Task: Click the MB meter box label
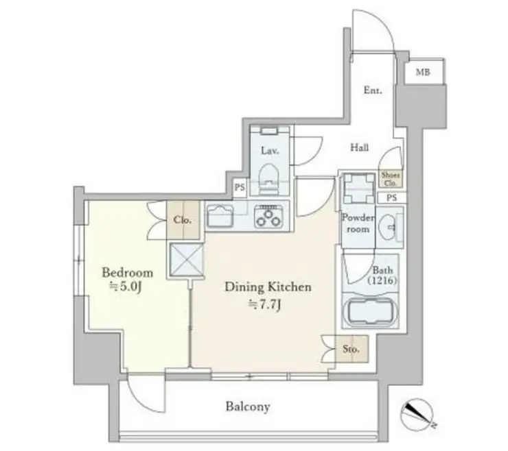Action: coord(423,72)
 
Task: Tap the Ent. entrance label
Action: coord(373,90)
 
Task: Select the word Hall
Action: coord(359,147)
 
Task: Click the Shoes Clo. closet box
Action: coord(391,179)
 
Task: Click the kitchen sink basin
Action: coord(220,216)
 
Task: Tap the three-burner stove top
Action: coord(268,216)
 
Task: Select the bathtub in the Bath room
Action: coord(369,310)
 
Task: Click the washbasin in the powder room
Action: coord(387,226)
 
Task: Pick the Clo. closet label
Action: coord(182,220)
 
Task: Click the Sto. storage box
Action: coord(351,349)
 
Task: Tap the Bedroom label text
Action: coord(127,273)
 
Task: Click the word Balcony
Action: coord(248,406)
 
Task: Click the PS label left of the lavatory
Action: coord(240,187)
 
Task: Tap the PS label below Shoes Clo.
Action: coord(392,197)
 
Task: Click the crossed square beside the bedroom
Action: coord(186,260)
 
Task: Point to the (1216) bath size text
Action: coord(382,280)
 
